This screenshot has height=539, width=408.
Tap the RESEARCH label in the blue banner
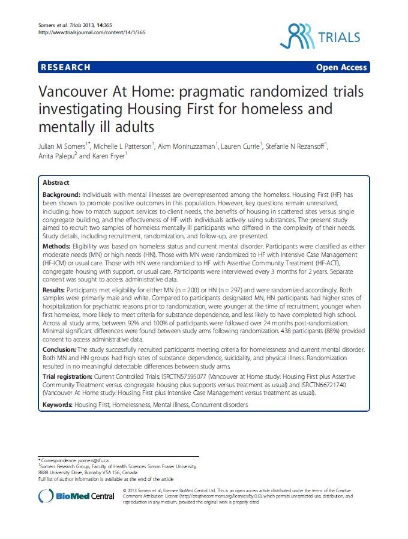[x=66, y=67]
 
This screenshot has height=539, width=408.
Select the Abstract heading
[x=56, y=182]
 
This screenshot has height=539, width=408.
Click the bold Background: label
[x=62, y=196]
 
